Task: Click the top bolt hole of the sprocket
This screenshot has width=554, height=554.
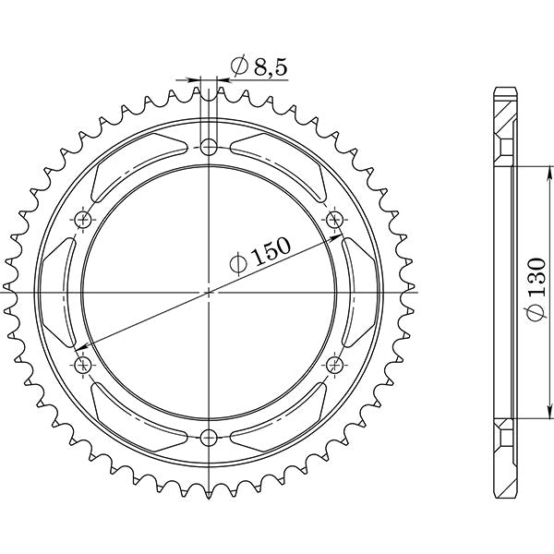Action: [210, 146]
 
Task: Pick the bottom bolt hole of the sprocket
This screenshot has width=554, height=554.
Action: [210, 436]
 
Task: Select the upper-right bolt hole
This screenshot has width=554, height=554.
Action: [334, 218]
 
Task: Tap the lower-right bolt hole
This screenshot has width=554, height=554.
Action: [334, 364]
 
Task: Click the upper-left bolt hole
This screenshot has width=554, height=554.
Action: [85, 218]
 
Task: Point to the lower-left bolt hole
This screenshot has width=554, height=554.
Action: [85, 364]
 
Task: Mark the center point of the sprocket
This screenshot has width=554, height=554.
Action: [210, 291]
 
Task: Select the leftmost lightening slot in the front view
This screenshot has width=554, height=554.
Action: [62, 291]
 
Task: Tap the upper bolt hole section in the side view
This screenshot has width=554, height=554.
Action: [502, 148]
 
